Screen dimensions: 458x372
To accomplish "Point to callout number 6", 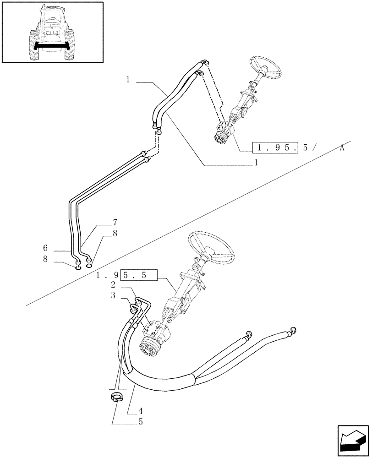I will click(45, 248).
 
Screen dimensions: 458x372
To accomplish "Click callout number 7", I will click(115, 223).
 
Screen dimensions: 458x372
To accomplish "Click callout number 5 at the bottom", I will click(141, 422).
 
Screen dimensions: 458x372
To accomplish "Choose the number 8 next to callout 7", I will click(115, 233).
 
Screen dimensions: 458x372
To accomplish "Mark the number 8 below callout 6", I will click(45, 259).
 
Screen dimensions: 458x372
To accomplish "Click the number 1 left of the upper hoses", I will click(128, 80).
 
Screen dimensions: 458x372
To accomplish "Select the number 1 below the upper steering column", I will click(256, 162).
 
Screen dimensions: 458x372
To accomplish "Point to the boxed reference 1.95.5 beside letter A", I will click(274, 147).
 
